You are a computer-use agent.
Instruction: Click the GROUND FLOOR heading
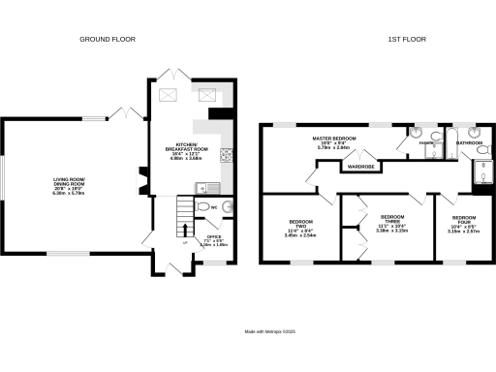tap(108, 39)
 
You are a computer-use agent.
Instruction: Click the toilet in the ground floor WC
tap(227, 207)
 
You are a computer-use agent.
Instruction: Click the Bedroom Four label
tap(463, 225)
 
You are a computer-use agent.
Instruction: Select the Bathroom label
tap(470, 142)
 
